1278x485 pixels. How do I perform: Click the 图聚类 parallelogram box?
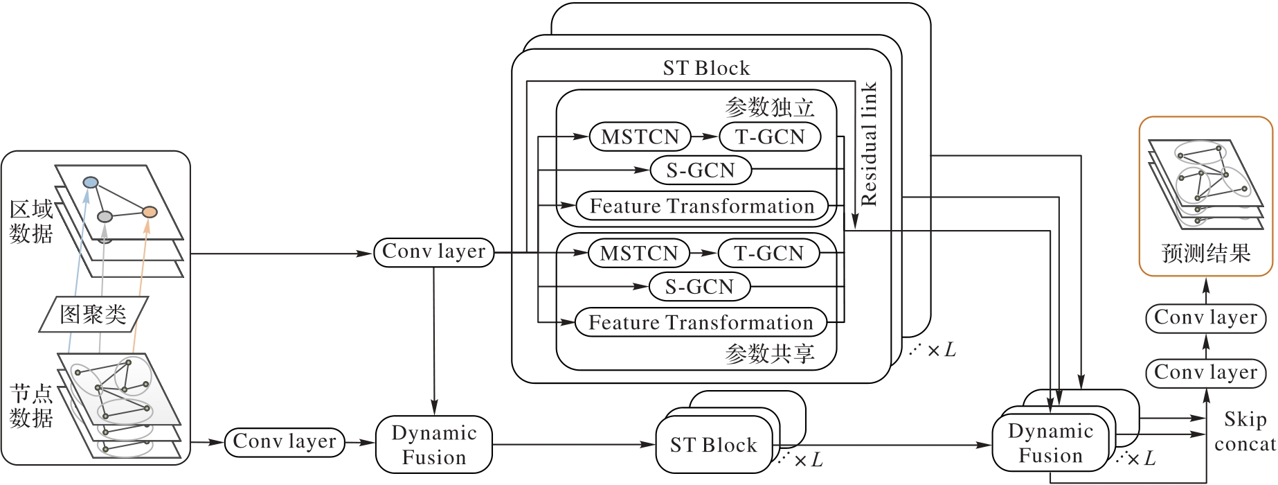(x=93, y=315)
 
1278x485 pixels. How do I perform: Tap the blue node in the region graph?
(x=91, y=183)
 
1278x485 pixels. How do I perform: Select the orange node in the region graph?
(x=150, y=212)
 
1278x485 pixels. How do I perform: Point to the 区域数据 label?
(x=31, y=222)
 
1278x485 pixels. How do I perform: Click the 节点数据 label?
(x=31, y=406)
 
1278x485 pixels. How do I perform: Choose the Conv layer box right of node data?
(x=285, y=442)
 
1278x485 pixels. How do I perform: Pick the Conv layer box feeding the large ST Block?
(x=434, y=252)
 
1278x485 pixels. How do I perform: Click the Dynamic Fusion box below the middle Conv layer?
(x=434, y=445)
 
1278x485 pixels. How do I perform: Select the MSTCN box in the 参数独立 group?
(x=640, y=136)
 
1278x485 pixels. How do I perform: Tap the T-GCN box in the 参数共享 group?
(x=768, y=253)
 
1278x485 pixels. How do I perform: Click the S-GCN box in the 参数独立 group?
(x=701, y=170)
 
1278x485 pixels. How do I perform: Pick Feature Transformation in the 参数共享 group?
(x=701, y=322)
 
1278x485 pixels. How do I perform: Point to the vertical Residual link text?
(x=869, y=144)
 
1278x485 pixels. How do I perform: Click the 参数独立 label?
(x=770, y=107)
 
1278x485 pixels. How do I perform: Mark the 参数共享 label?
(x=770, y=354)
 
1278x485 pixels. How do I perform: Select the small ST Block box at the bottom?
(x=714, y=445)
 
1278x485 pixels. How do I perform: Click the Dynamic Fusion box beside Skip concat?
(x=1050, y=443)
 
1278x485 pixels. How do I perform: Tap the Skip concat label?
(x=1245, y=432)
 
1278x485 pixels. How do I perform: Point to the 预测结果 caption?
(x=1206, y=254)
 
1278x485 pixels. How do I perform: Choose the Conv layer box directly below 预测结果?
(x=1206, y=318)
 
